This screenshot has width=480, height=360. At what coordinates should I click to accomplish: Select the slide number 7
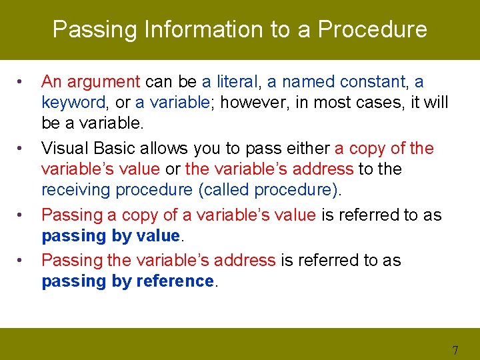coord(455,350)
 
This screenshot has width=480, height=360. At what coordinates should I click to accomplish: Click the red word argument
coord(103,82)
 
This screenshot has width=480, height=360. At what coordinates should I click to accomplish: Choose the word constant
coord(373,82)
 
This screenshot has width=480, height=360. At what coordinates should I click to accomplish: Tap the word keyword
coord(73,103)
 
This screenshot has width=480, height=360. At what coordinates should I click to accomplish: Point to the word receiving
coord(76,190)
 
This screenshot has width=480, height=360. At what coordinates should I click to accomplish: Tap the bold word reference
coord(175,281)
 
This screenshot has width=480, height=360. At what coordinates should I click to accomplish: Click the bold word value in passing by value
coord(157,236)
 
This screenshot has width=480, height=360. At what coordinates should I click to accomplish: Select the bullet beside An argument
coord(21,83)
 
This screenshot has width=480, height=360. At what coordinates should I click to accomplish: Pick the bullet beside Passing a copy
coord(21,215)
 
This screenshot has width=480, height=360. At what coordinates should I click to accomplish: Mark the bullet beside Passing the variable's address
coord(21,261)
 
